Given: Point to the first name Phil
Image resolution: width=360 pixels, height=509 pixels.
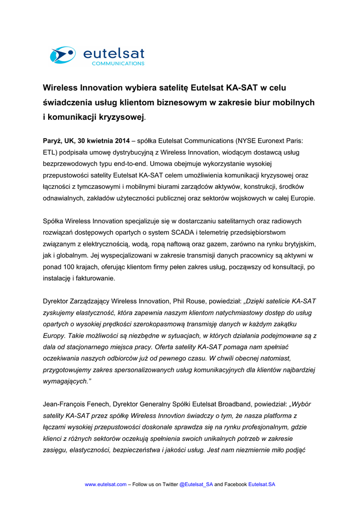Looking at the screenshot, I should pyautogui.click(x=180, y=301).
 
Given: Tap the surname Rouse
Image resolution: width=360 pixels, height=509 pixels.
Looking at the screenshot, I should pyautogui.click(x=197, y=301).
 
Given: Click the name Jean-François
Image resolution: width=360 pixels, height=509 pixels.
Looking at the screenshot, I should pyautogui.click(x=66, y=405).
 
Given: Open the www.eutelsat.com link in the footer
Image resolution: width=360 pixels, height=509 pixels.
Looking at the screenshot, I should pyautogui.click(x=106, y=484).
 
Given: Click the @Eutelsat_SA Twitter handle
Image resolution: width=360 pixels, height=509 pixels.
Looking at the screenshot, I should pyautogui.click(x=196, y=484).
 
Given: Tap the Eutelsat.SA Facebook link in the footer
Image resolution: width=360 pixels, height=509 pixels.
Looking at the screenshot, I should pyautogui.click(x=262, y=484).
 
